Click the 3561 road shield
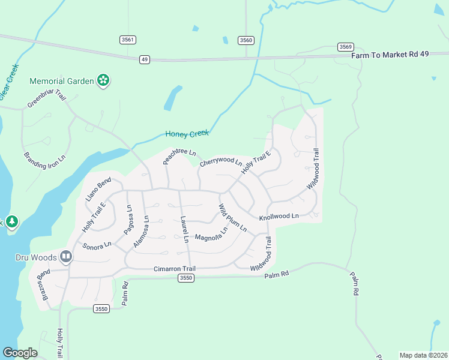tap(128, 40)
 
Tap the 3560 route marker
tap(246, 40)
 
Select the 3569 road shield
tap(345, 47)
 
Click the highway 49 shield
tap(145, 59)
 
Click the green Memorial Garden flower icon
tap(103, 80)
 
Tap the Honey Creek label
tap(187, 134)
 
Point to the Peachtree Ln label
tap(179, 157)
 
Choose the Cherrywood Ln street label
tap(220, 162)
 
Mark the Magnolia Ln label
tap(211, 233)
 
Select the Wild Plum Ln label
tap(232, 218)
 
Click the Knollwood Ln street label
tap(279, 216)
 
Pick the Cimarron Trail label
tap(175, 269)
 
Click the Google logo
tap(20, 353)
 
